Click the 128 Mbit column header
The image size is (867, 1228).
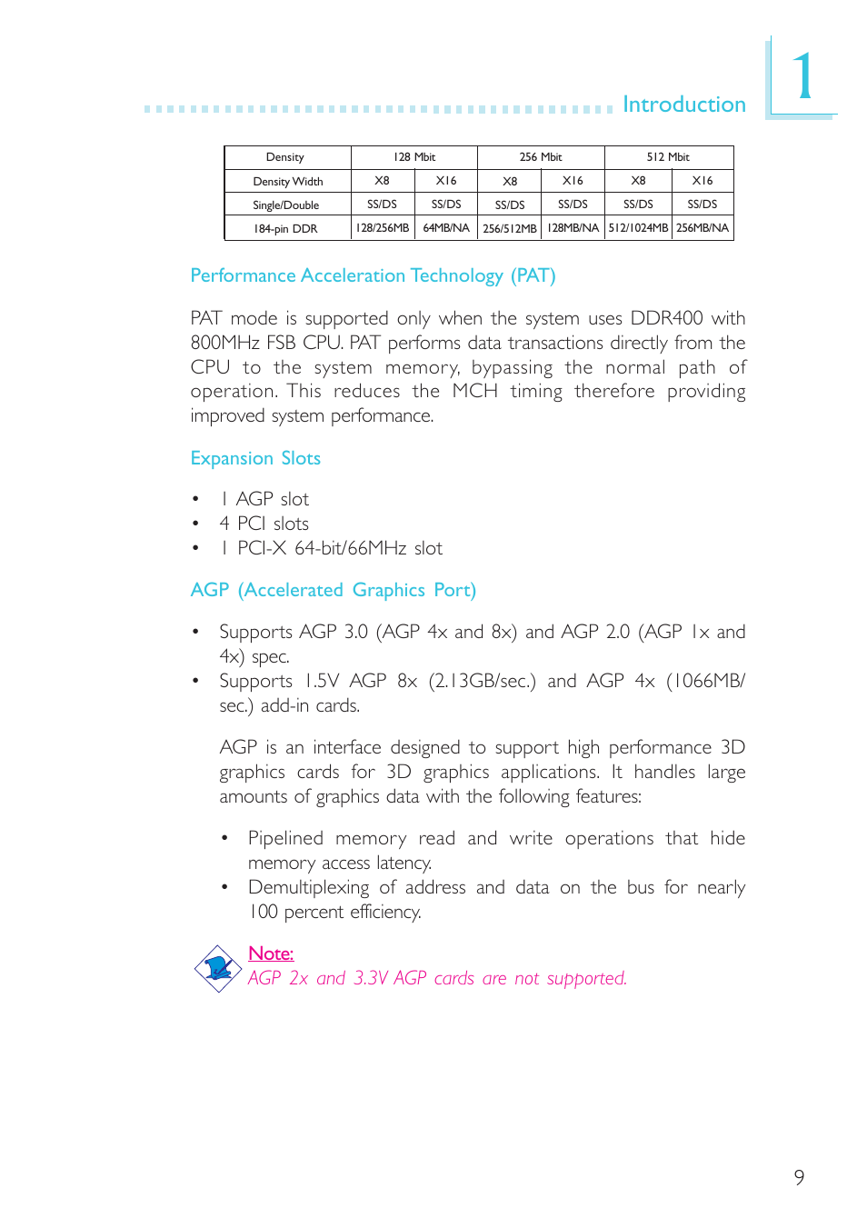[x=414, y=157]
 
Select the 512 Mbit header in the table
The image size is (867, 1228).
[x=668, y=157]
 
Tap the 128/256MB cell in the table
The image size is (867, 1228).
[x=383, y=228]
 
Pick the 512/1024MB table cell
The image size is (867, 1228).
[x=638, y=228]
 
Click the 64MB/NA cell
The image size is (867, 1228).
[x=446, y=228]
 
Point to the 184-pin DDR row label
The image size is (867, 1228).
[x=286, y=229]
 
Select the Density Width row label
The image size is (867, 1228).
[x=288, y=182]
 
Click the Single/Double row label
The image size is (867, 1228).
[x=286, y=205]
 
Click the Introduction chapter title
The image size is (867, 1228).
[x=683, y=105]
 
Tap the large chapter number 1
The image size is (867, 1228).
[x=803, y=77]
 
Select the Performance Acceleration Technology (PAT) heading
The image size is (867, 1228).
[x=373, y=275]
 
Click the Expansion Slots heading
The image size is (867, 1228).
[x=255, y=458]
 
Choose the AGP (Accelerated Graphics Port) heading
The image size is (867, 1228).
[x=333, y=590]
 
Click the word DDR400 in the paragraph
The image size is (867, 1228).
[x=666, y=318]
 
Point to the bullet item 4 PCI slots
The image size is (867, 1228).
[x=264, y=524]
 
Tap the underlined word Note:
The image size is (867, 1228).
[x=271, y=953]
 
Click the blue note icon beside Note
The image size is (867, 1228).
[x=217, y=968]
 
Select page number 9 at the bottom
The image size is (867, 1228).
[x=799, y=1177]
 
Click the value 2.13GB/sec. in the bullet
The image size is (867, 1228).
[x=483, y=681]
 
